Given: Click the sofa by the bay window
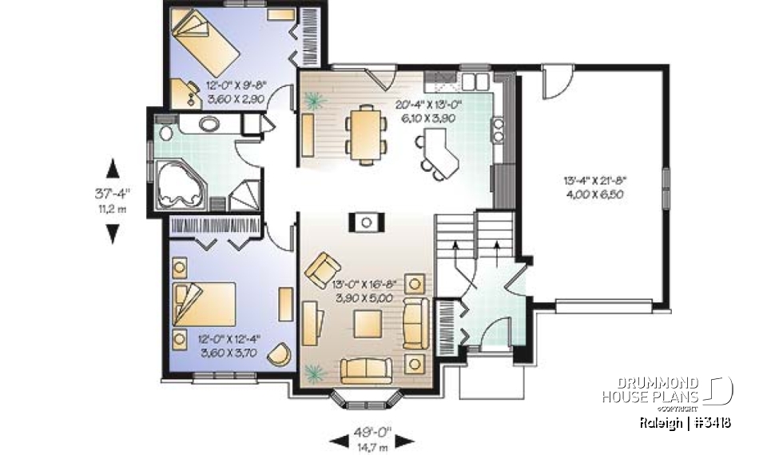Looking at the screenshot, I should coord(366,370).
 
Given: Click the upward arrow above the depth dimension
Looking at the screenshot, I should coord(113,168).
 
